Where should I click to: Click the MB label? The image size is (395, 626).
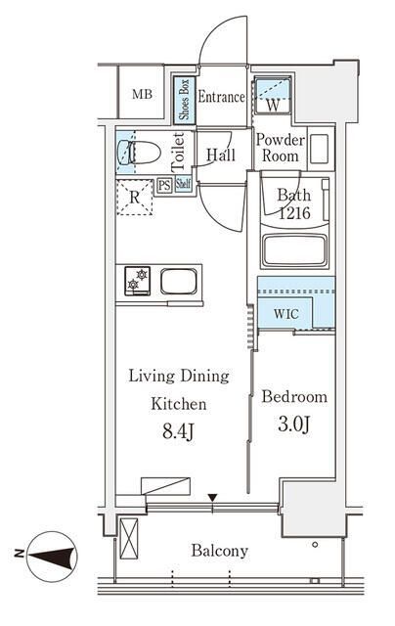142,95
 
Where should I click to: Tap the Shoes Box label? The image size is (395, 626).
185,100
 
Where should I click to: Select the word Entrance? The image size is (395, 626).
221,97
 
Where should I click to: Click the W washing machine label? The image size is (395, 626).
274,105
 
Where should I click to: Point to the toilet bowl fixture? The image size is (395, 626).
140,153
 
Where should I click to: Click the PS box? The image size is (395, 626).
164,186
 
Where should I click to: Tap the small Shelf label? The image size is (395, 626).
183,184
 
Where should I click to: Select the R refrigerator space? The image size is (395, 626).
135,198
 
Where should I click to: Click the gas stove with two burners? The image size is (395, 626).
137,281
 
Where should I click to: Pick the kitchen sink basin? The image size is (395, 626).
179,281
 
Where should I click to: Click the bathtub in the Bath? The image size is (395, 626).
295,250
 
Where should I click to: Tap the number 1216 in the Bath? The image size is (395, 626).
294,213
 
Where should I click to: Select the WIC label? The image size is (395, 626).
286,314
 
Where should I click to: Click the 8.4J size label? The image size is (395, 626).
178,431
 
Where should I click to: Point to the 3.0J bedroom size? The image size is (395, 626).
293,424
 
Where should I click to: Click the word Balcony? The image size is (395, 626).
219,551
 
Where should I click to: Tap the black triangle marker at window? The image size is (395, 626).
213,498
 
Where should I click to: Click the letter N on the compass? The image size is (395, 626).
19,554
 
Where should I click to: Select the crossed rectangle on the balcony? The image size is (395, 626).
129,539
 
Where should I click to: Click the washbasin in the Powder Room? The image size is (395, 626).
319,149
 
